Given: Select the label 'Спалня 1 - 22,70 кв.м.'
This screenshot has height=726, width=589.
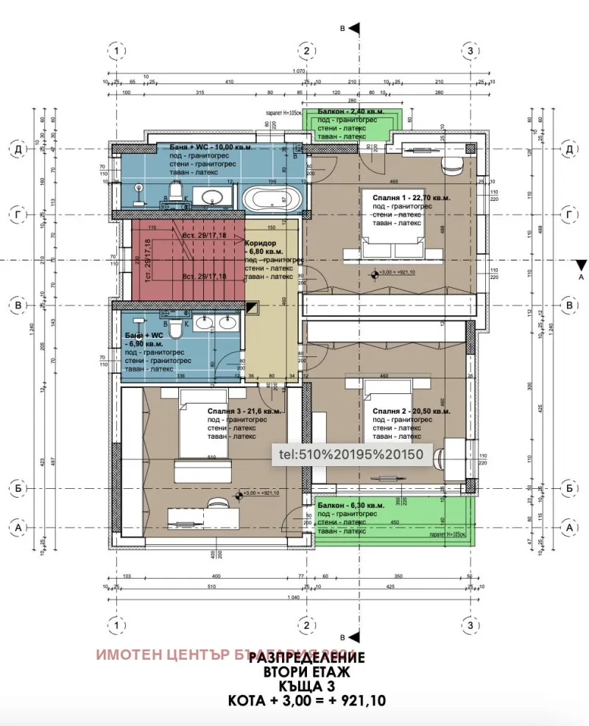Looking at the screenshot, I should pyautogui.click(x=410, y=197).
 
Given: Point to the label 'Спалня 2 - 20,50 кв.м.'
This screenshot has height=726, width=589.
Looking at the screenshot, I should pyautogui.click(x=411, y=411).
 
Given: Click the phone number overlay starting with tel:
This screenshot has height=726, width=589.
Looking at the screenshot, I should pyautogui.click(x=349, y=454).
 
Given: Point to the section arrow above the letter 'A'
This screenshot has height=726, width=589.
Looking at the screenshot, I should pyautogui.click(x=581, y=265).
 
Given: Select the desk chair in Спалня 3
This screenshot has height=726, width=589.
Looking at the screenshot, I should pyautogui.click(x=216, y=504).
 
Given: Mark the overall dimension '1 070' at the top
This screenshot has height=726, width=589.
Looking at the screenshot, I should pyautogui.click(x=298, y=71).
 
